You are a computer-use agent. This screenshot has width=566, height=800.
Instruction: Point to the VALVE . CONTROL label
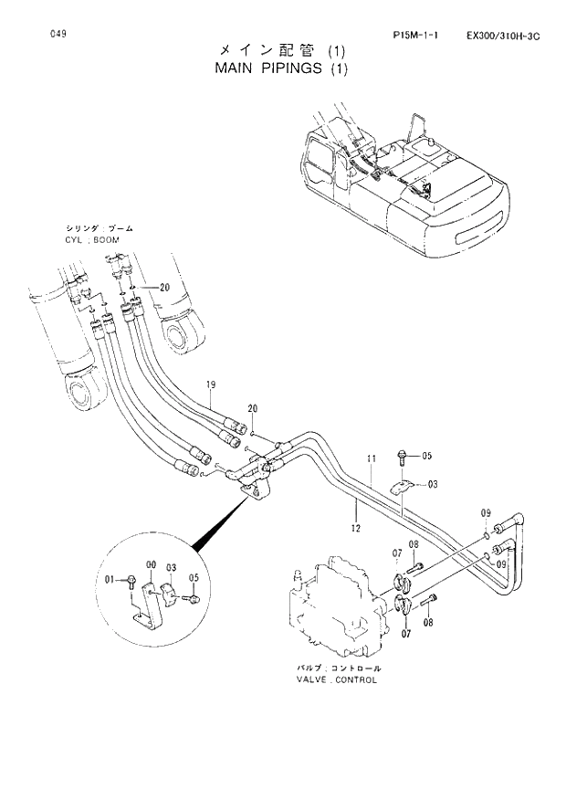(x=336, y=679)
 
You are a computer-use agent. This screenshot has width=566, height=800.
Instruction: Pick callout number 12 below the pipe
(x=353, y=527)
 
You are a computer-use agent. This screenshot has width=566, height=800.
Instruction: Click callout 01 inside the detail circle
(x=110, y=579)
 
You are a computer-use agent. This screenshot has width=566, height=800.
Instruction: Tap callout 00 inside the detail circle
(x=151, y=566)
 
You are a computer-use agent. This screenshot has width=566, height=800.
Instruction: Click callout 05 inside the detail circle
(x=194, y=577)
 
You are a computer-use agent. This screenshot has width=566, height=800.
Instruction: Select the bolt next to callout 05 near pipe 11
(x=403, y=455)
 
